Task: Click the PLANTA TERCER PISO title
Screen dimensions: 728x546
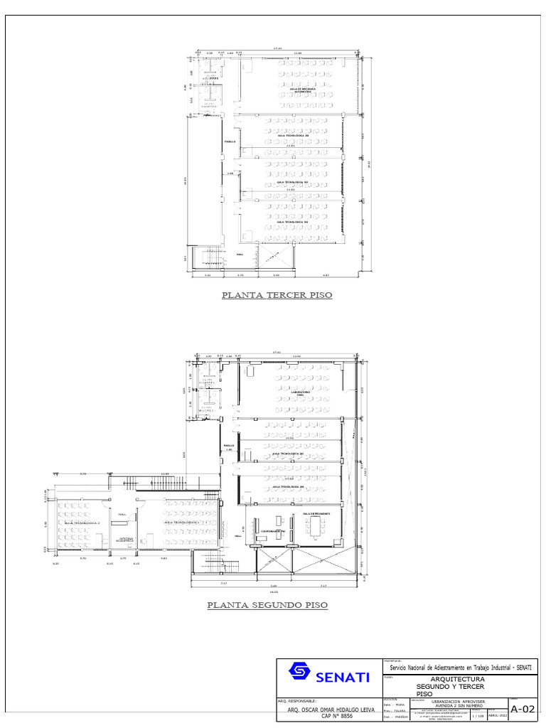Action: click(277, 294)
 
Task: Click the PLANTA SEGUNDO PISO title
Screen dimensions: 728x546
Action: click(267, 606)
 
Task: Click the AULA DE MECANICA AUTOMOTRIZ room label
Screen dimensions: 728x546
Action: click(303, 90)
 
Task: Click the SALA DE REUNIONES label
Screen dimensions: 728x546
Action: click(316, 513)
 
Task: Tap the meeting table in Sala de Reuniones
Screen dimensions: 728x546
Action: click(316, 527)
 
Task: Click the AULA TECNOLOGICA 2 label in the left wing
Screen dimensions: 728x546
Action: click(82, 523)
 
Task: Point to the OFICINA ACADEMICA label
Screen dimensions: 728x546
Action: click(127, 539)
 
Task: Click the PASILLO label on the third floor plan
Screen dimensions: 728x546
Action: click(230, 141)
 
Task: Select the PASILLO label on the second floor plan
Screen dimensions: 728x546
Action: click(229, 446)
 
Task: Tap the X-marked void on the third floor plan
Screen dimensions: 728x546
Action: click(277, 254)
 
